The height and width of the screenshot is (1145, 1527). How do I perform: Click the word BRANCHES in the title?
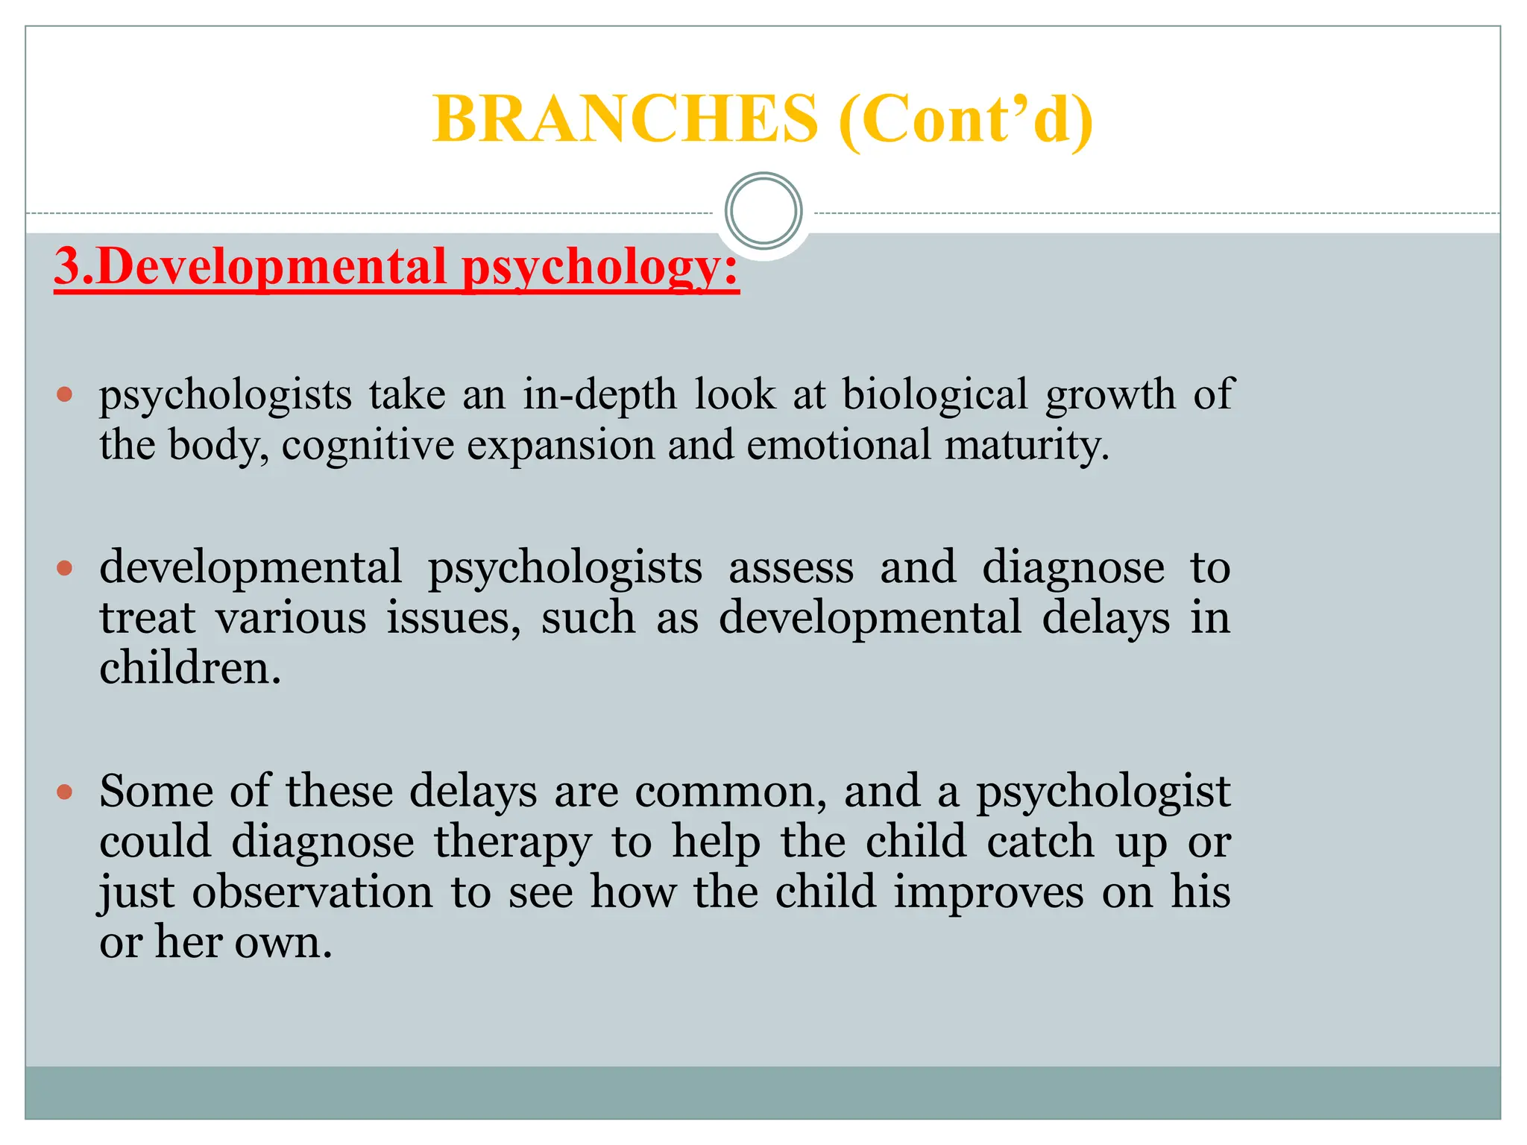(x=625, y=119)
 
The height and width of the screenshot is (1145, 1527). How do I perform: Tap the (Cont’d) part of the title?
(x=966, y=119)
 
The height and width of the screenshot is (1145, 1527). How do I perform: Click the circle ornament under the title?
(x=763, y=211)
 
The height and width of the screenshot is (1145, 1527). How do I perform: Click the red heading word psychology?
(x=600, y=267)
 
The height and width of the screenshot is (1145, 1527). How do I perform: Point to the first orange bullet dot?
(x=65, y=394)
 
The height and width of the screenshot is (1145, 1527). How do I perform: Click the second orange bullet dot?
(x=65, y=569)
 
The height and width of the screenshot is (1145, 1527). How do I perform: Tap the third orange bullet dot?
(x=65, y=791)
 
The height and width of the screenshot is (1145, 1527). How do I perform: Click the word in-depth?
(x=599, y=394)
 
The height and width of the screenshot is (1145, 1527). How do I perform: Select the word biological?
(x=935, y=394)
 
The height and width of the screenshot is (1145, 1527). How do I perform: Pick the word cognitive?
(x=368, y=445)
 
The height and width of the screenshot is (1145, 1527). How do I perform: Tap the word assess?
(x=790, y=567)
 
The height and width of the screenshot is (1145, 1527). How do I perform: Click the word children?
(x=189, y=667)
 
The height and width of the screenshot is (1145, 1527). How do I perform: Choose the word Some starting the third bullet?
(x=157, y=791)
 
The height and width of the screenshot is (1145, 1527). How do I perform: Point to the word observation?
(x=312, y=892)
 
